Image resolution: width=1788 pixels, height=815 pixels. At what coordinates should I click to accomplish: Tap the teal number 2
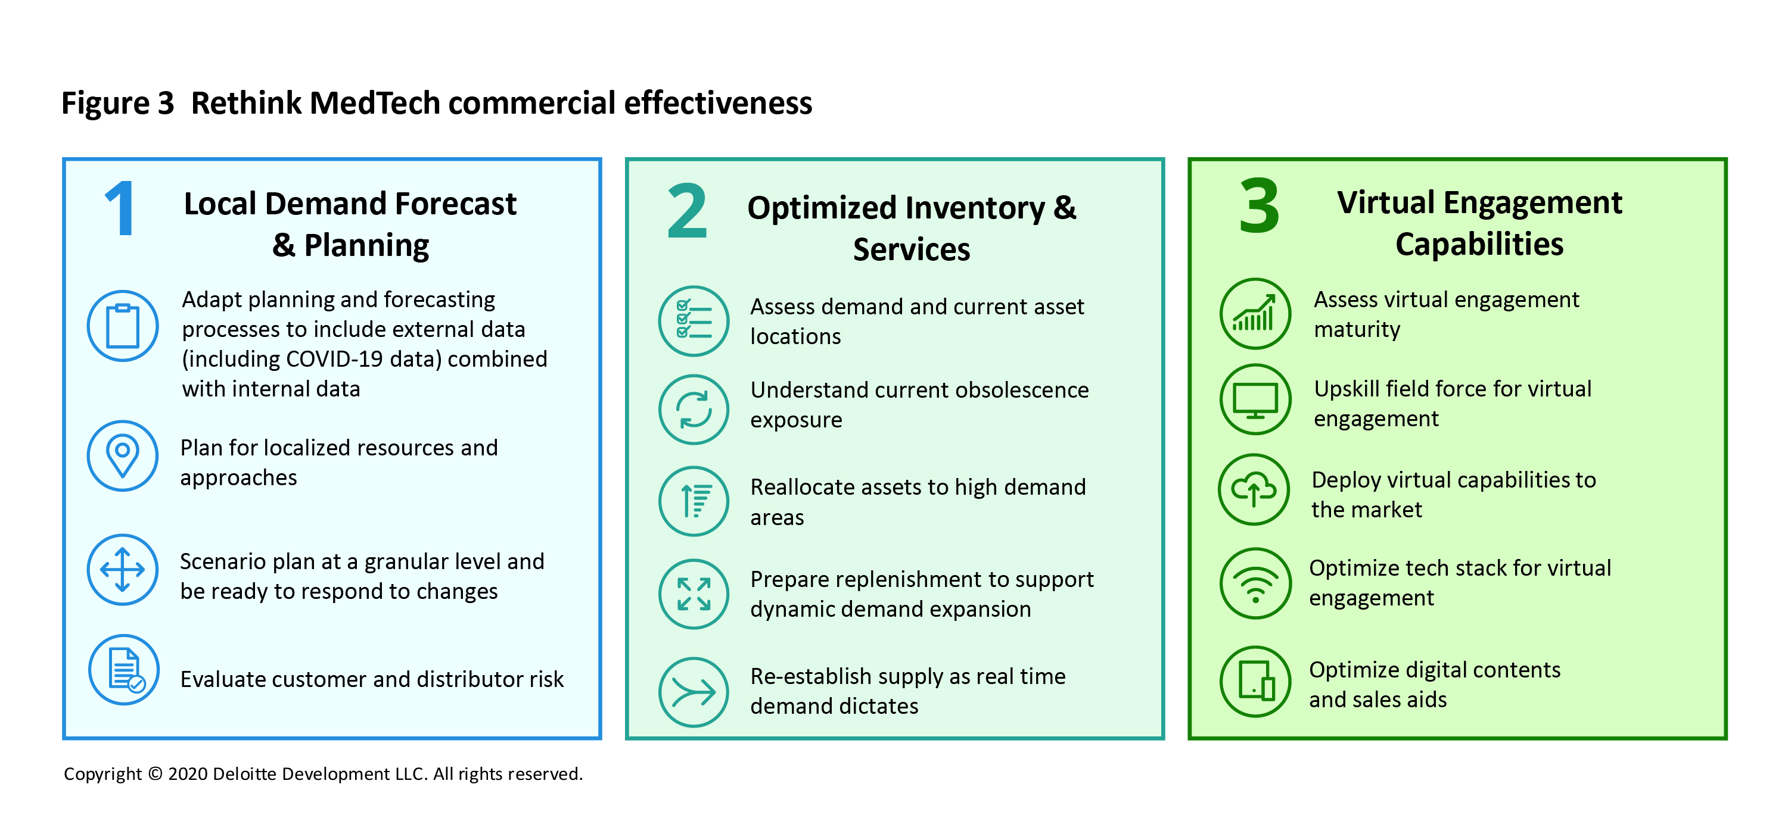686,211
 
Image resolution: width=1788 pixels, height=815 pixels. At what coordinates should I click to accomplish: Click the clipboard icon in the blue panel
123,326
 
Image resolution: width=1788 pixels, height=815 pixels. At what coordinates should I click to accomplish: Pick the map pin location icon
123,455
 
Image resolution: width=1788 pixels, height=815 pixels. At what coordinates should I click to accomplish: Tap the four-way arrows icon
123,570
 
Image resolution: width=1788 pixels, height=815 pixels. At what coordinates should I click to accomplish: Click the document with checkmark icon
125,670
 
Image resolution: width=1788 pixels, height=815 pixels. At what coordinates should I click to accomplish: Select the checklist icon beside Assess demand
694,321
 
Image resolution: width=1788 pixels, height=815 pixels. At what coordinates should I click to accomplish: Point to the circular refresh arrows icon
694,409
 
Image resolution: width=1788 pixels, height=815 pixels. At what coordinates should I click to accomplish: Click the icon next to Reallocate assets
694,501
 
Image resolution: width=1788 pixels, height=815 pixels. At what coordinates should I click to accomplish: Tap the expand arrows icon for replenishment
694,594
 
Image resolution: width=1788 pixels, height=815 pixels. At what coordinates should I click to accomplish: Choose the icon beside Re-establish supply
694,692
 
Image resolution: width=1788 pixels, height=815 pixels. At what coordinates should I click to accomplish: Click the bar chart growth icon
1255,314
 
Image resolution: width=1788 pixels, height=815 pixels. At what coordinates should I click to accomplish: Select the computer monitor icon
1255,399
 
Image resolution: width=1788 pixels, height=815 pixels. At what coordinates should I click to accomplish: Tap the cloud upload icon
1254,490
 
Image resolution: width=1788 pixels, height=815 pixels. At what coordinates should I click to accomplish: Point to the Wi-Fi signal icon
1255,583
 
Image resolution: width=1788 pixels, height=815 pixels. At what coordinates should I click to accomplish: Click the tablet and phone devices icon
1255,682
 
